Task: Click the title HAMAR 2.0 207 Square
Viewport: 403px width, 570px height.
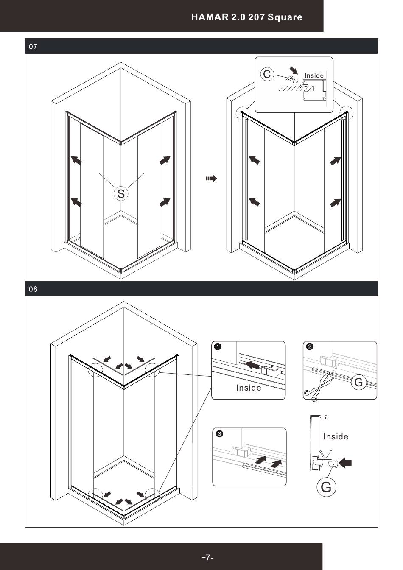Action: click(246, 17)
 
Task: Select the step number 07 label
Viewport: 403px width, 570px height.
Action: click(33, 47)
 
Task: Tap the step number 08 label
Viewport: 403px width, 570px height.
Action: click(33, 289)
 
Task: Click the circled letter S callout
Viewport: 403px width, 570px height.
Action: click(121, 194)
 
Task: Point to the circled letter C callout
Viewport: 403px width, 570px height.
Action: click(267, 74)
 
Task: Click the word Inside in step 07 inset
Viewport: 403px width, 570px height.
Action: click(314, 75)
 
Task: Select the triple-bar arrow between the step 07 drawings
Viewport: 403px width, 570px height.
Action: click(211, 179)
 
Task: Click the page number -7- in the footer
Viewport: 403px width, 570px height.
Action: click(207, 557)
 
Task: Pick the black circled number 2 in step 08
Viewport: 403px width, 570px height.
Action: click(310, 346)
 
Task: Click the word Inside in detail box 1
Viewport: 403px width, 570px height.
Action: click(249, 388)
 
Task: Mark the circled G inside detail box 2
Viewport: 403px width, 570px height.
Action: click(359, 383)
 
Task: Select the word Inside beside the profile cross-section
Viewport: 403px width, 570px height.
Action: click(336, 436)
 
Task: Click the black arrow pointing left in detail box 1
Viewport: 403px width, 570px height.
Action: click(253, 364)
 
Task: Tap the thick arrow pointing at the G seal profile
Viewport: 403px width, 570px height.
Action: click(345, 464)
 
